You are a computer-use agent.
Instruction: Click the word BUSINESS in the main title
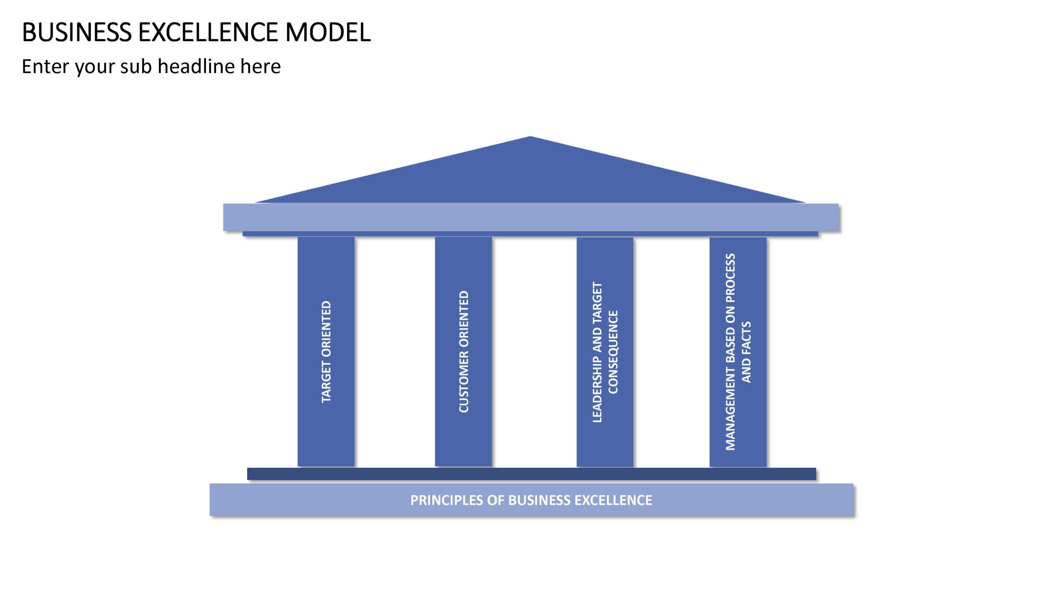coord(77,32)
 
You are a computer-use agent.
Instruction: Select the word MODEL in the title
coord(328,32)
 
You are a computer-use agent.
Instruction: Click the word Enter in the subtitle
coord(46,66)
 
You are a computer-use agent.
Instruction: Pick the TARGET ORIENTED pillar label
coord(326,352)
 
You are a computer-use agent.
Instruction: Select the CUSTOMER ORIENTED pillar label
coord(464,352)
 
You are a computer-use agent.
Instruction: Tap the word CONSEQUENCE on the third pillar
coord(613,352)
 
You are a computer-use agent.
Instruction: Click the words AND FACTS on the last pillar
coord(747,352)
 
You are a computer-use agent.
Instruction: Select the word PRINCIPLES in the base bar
coord(447,500)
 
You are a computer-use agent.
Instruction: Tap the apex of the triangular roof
coord(530,136)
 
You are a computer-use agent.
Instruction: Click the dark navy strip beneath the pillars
coord(531,474)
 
